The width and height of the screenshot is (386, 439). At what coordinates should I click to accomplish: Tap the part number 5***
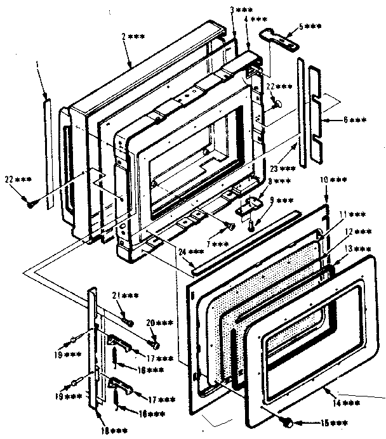(309, 27)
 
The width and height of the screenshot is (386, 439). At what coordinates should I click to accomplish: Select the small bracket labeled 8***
(248, 206)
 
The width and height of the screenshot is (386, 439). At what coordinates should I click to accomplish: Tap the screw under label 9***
(252, 224)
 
